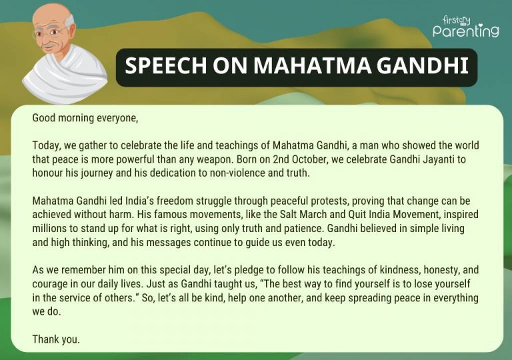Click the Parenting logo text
(465, 31)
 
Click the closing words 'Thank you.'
(56, 339)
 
